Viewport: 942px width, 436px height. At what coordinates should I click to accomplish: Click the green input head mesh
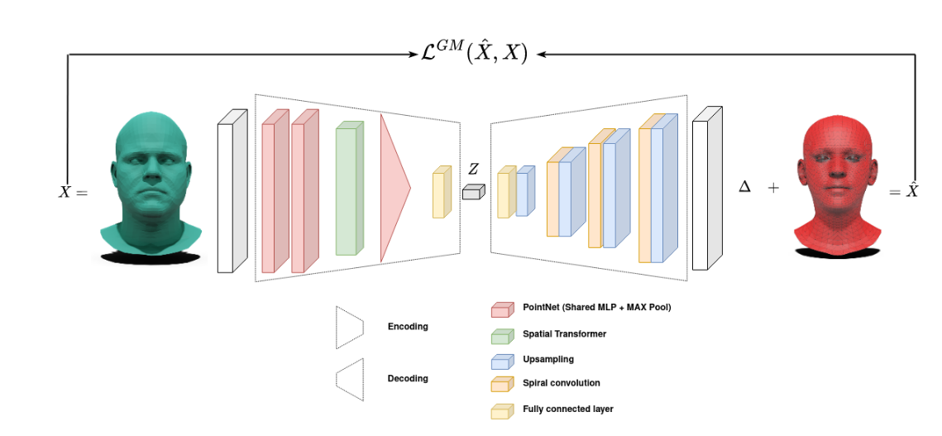coord(150,186)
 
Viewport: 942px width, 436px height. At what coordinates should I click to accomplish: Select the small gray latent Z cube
coord(472,192)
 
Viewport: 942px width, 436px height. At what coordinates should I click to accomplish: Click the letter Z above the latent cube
coord(473,169)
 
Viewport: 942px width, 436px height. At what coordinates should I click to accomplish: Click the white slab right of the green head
coord(231,190)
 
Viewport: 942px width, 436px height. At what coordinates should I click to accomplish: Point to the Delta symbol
coord(744,188)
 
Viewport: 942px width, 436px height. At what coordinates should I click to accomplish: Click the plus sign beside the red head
coord(773,188)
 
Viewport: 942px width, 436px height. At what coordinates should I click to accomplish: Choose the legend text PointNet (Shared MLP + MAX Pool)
coord(596,308)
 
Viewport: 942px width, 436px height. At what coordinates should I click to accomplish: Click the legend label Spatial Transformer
coord(564,333)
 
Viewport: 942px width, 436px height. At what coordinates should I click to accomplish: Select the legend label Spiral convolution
coord(561,383)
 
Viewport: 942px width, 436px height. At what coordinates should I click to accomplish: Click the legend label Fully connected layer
coord(567,409)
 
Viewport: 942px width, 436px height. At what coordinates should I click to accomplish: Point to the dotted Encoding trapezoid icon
coord(349,327)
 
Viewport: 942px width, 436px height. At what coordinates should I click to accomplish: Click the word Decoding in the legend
coord(408,378)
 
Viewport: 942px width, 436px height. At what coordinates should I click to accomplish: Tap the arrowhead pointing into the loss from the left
coord(417,55)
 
